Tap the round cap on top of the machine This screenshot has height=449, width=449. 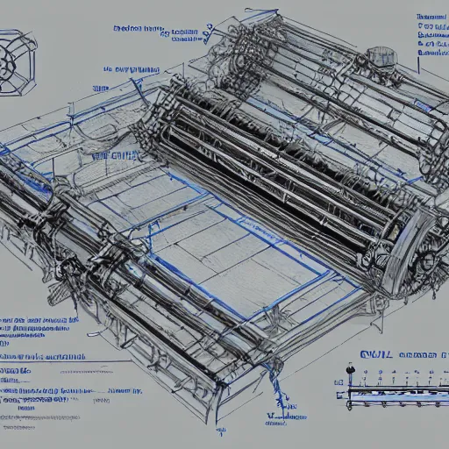tap(382, 55)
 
